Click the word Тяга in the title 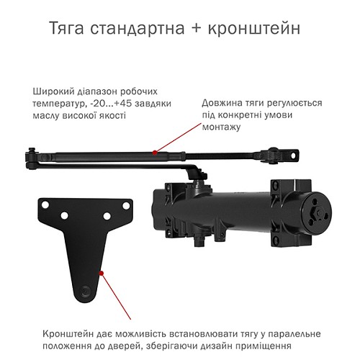coord(69,29)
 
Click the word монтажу coord(222,127)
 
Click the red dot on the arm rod coord(154,152)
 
